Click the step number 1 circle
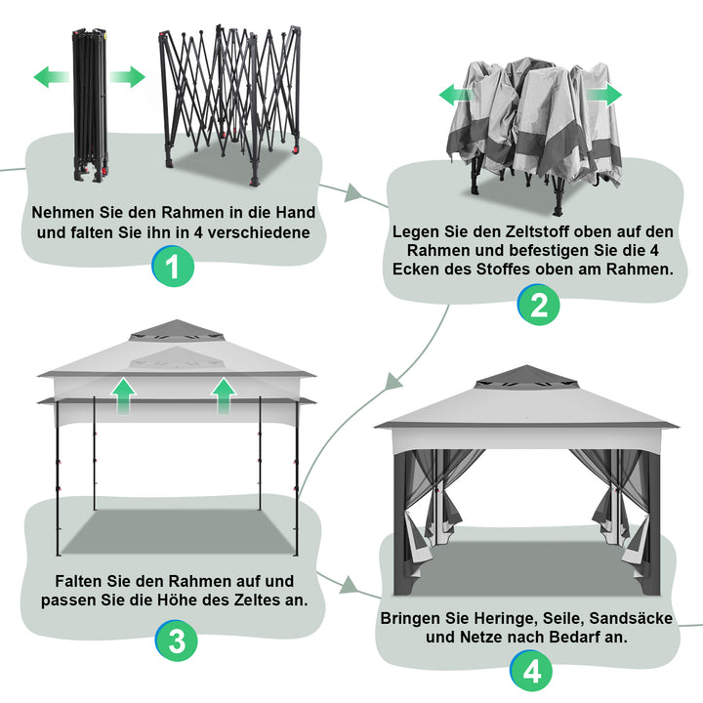pos(172,268)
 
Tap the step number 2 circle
pos(538,306)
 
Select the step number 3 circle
pos(177,641)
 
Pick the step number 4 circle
pos(529,671)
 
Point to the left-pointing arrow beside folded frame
pos(49,78)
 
